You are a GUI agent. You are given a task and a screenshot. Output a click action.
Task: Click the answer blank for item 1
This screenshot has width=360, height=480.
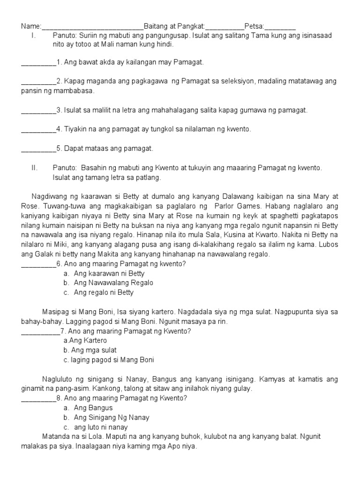coord(38,62)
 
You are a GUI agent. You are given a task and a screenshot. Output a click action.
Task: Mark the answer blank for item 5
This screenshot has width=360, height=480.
coord(38,149)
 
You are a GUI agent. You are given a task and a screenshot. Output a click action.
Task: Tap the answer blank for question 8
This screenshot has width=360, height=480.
coord(38,398)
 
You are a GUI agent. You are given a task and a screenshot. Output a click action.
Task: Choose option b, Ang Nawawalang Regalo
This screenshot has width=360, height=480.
coord(113,283)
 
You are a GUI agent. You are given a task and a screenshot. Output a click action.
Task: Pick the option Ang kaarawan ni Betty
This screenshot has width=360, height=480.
coord(109,273)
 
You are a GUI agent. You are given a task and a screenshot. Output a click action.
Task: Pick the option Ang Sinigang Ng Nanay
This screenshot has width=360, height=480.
coord(112,417)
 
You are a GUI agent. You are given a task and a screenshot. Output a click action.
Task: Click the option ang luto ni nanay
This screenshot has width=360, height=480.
coord(101,427)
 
